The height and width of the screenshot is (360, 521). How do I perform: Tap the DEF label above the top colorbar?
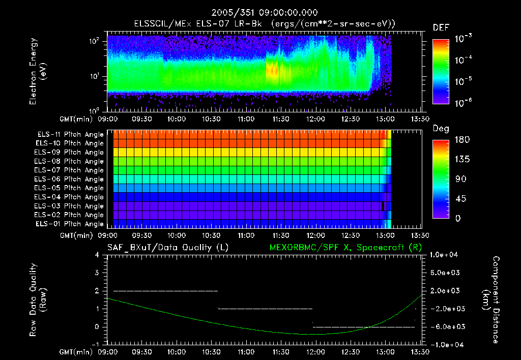coord(441,27)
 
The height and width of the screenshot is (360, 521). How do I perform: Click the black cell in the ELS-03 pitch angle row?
coord(383,205)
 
